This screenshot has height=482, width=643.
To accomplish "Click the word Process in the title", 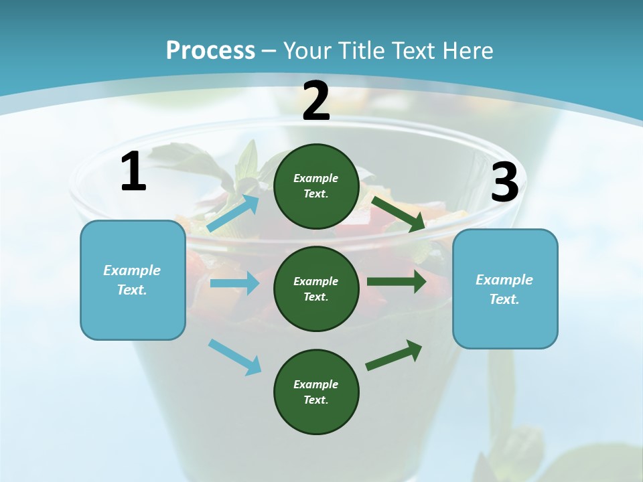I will click(x=210, y=51).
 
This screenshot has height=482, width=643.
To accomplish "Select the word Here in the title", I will click(x=466, y=51).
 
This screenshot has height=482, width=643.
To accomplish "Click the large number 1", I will click(x=133, y=172).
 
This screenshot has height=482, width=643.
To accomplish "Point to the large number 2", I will click(x=316, y=101).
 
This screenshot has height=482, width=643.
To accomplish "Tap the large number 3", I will click(x=504, y=183).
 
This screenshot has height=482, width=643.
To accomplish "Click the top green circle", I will click(x=316, y=186).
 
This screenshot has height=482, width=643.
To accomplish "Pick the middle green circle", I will click(x=316, y=289).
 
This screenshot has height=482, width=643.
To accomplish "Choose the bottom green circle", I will click(x=316, y=392).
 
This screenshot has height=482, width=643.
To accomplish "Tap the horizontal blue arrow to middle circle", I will click(x=234, y=283).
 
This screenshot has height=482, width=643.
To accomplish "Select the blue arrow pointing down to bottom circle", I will click(x=235, y=357).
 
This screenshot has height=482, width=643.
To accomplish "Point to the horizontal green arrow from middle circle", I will click(x=397, y=282).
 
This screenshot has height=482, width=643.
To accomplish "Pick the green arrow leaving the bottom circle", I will click(x=394, y=355).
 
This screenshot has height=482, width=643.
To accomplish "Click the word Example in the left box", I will click(x=132, y=270).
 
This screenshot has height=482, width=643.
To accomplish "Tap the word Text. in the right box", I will click(x=504, y=299).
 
